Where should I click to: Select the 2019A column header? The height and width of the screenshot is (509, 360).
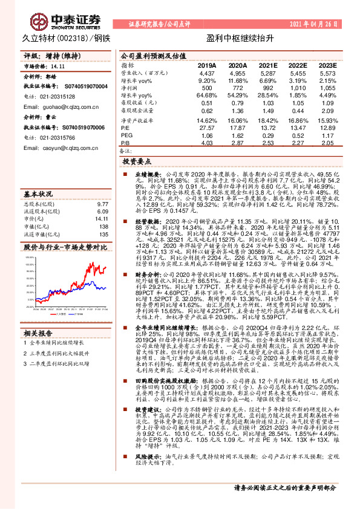pyautogui.click(x=207, y=65)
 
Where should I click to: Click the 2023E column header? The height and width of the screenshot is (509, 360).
pyautogui.click(x=327, y=65)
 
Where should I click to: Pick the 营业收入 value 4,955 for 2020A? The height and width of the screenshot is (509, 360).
pyautogui.click(x=238, y=73)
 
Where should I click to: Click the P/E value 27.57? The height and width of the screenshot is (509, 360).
pyautogui.click(x=207, y=128)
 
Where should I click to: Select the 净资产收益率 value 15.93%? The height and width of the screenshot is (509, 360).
pyautogui.click(x=327, y=120)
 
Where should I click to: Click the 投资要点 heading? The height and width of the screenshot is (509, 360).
pyautogui.click(x=136, y=163)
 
